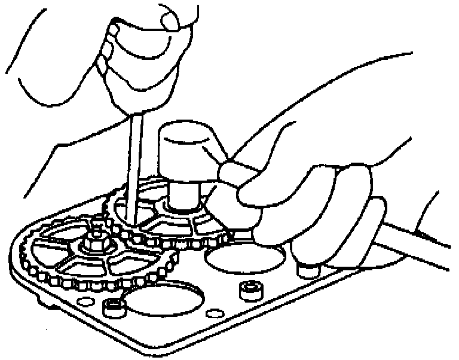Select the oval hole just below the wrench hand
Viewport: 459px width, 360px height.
tap(245, 259)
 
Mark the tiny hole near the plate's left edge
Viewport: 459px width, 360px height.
tap(83, 299)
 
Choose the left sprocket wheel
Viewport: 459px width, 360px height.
tap(90, 251)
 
